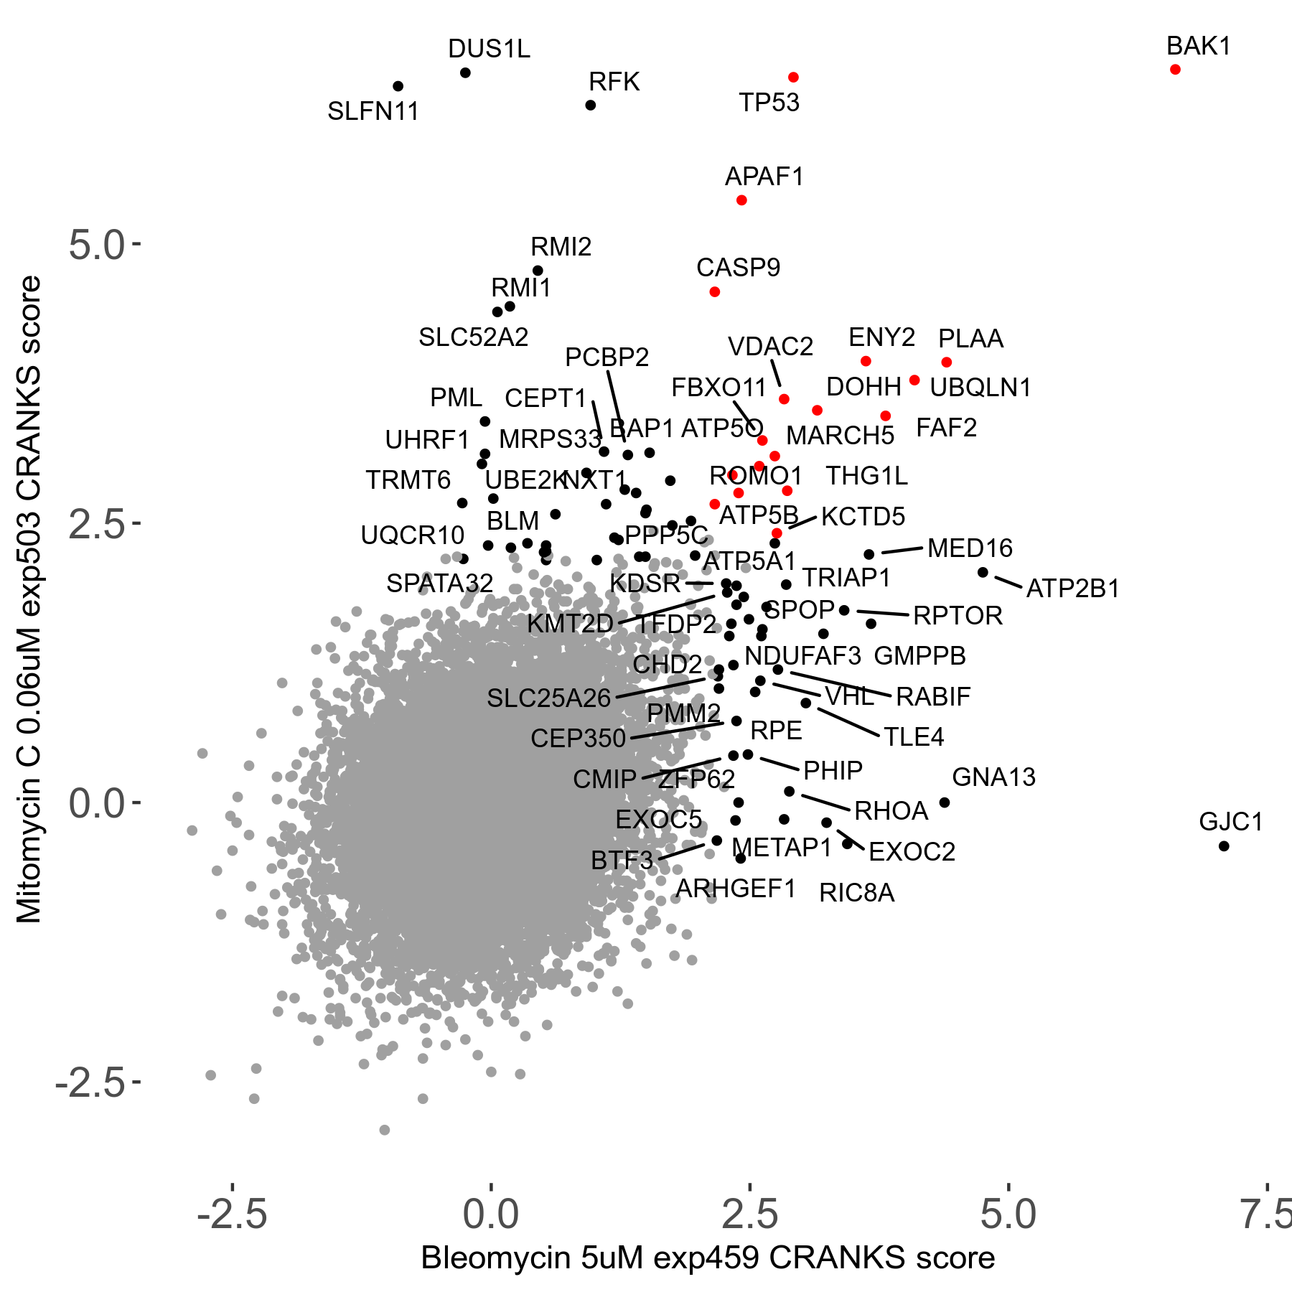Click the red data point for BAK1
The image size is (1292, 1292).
[1175, 70]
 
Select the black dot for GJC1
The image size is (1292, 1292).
[1224, 846]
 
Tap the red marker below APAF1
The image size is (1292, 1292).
[741, 200]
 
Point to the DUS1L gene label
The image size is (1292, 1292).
[489, 50]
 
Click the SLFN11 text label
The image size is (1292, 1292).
[373, 112]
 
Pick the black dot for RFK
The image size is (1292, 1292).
[591, 106]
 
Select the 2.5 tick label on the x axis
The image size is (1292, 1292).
[749, 1214]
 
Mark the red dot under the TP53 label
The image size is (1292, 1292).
[793, 78]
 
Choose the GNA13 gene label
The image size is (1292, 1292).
[993, 777]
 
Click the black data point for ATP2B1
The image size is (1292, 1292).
[983, 572]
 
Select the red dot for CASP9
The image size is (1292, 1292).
[714, 292]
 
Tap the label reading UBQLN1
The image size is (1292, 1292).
[980, 388]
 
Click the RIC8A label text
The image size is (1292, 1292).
[856, 894]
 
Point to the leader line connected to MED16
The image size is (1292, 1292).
[902, 551]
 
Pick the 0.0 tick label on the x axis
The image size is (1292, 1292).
[491, 1214]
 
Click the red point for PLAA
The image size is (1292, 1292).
[947, 362]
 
